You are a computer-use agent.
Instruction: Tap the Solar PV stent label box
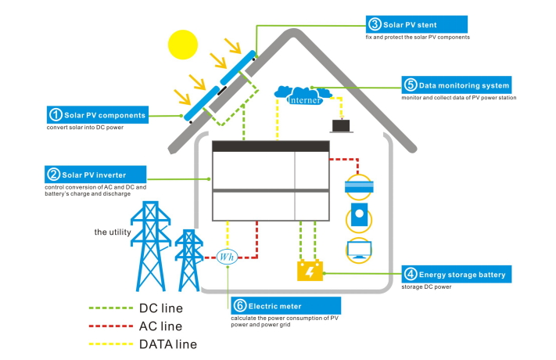pyautogui.click(x=417, y=24)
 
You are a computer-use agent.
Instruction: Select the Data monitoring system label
pyautogui.click(x=457, y=85)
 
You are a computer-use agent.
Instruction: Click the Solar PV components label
pyautogui.click(x=96, y=115)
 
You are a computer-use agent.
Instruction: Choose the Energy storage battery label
pyautogui.click(x=457, y=274)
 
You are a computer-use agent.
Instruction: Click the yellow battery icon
pyautogui.click(x=310, y=271)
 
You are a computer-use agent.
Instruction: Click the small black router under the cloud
pyautogui.click(x=342, y=125)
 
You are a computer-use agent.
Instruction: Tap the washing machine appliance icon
pyautogui.click(x=360, y=216)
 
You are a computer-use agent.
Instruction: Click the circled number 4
pyautogui.click(x=411, y=274)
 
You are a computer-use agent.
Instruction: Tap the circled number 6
pyautogui.click(x=239, y=305)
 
